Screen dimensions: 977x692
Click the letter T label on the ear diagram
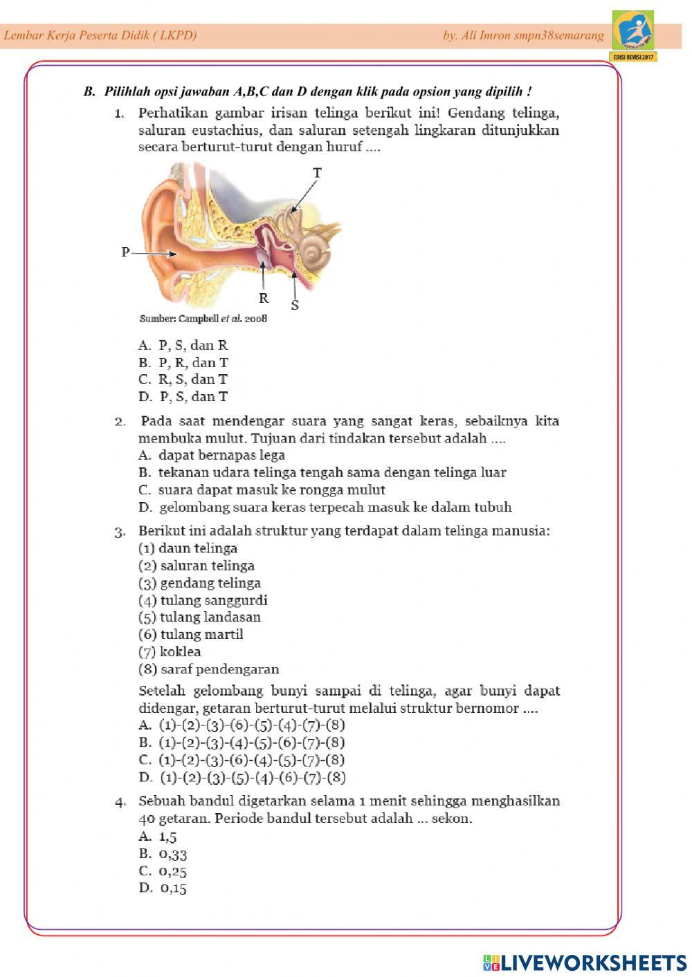pyautogui.click(x=317, y=173)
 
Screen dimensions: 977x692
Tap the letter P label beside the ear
pyautogui.click(x=125, y=252)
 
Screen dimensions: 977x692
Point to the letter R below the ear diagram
pyautogui.click(x=263, y=299)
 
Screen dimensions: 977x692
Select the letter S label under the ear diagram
pyautogui.click(x=295, y=305)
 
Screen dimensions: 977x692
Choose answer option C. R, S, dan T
pyautogui.click(x=183, y=380)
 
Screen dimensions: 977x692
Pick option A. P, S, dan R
pyautogui.click(x=183, y=346)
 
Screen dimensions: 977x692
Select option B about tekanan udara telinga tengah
pyautogui.click(x=322, y=473)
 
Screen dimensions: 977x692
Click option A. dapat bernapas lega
pyautogui.click(x=212, y=456)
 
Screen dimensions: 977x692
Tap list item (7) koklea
pyautogui.click(x=170, y=652)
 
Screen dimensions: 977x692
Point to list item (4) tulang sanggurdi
pyautogui.click(x=203, y=600)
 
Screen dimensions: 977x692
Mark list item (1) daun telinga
pyautogui.click(x=188, y=548)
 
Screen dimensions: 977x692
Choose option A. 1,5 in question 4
pyautogui.click(x=158, y=837)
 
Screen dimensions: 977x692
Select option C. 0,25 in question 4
pyautogui.click(x=163, y=871)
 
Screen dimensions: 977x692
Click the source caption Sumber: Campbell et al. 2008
pyautogui.click(x=203, y=319)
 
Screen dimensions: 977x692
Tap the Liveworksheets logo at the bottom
pyautogui.click(x=585, y=962)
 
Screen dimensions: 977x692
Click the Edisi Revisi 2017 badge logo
pyautogui.click(x=633, y=36)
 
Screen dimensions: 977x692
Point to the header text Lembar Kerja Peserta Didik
pyautogui.click(x=100, y=35)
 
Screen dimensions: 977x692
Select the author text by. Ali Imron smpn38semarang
pyautogui.click(x=523, y=35)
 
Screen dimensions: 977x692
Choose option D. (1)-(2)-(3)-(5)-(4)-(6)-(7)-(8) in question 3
pyautogui.click(x=242, y=777)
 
